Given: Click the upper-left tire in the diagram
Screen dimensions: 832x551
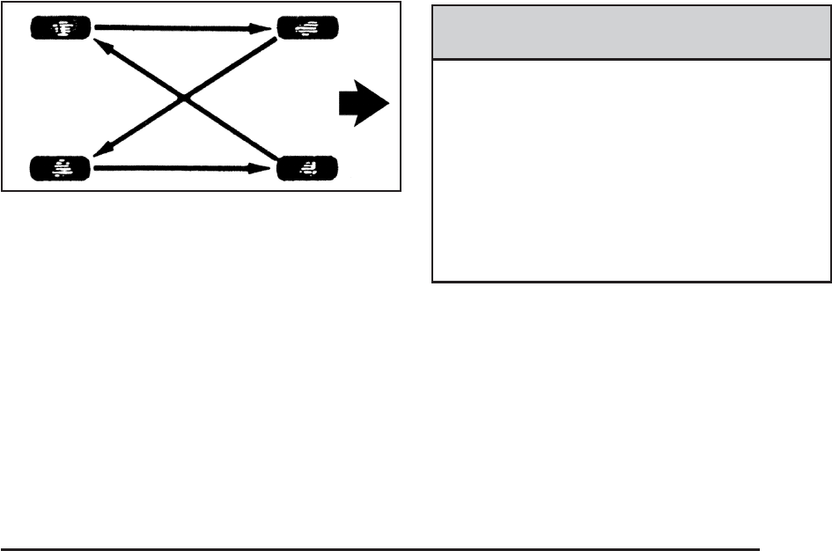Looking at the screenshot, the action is click(x=60, y=29).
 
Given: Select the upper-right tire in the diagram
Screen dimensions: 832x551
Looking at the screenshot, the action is click(x=308, y=29).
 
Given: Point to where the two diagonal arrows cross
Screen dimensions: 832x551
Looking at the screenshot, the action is click(x=184, y=97).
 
